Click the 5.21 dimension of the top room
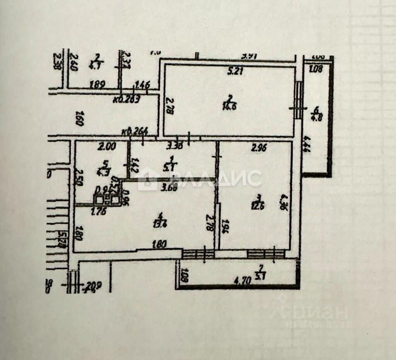point(235,71)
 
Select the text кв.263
point(127,99)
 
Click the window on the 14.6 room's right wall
point(298,100)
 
